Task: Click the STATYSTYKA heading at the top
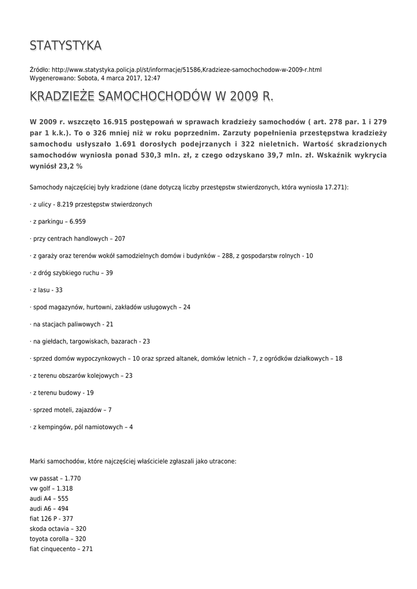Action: click(x=66, y=45)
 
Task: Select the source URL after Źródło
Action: click(x=186, y=70)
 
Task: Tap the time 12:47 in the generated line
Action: click(x=152, y=78)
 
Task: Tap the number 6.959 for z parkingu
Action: click(x=78, y=221)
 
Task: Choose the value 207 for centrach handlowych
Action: click(x=120, y=239)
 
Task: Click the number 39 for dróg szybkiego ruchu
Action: click(x=109, y=273)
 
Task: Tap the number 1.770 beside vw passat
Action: click(x=72, y=479)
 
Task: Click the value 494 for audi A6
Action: click(x=62, y=509)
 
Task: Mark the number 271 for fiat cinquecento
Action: click(x=87, y=549)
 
